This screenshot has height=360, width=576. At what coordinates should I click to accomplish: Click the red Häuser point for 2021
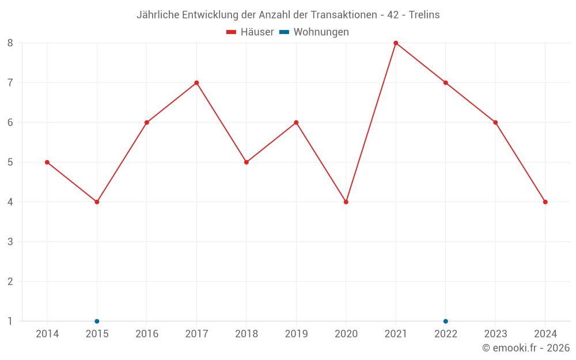(x=396, y=43)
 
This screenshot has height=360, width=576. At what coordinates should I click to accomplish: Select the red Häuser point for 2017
(x=196, y=82)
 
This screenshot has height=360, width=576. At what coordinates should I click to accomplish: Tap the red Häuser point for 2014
(x=47, y=162)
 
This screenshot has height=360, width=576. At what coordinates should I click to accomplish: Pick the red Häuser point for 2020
(x=346, y=202)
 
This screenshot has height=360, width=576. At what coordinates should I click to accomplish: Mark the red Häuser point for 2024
(x=545, y=202)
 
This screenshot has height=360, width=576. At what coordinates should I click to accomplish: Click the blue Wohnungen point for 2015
(x=97, y=321)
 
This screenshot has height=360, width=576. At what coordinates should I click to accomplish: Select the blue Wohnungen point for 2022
(x=446, y=321)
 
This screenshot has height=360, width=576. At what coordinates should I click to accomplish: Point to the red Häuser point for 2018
(x=247, y=162)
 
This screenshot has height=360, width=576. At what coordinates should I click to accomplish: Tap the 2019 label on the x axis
(x=296, y=334)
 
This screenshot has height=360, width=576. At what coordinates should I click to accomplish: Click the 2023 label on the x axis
(x=495, y=334)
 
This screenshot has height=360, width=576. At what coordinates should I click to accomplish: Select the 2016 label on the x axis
(x=147, y=334)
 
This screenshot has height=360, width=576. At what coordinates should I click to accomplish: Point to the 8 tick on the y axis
(x=10, y=43)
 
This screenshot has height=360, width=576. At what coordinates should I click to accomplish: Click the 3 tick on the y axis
(x=10, y=242)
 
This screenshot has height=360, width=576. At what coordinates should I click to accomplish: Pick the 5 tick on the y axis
(x=10, y=162)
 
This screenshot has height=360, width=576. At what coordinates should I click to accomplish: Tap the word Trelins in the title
(x=424, y=15)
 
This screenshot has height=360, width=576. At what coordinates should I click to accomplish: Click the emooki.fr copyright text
(x=526, y=348)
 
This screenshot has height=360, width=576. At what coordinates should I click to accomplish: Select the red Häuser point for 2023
(x=495, y=123)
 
